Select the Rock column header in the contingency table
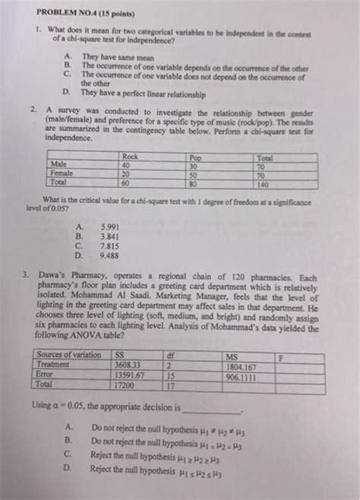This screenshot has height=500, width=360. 130,156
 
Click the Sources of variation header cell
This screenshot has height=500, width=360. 69,356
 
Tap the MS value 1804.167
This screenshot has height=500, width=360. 242,365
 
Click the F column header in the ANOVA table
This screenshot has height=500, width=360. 282,356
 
